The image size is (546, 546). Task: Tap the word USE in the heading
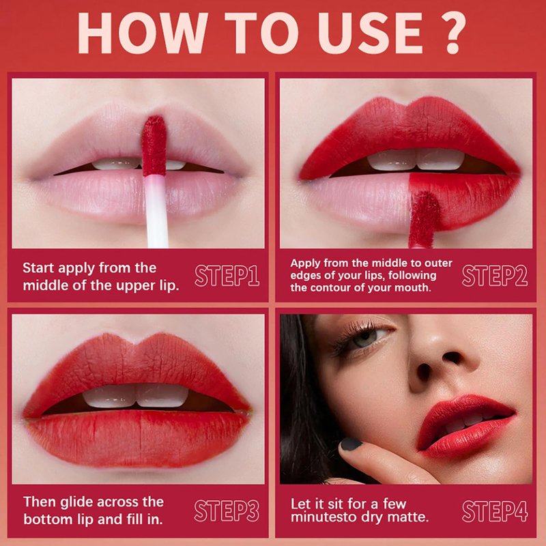point(370,33)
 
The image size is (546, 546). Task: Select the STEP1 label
point(227,276)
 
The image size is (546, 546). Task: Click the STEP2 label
point(494,276)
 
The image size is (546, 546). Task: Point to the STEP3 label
point(227,511)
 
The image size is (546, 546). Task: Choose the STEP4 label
point(494,511)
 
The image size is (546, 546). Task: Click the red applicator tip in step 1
point(154,145)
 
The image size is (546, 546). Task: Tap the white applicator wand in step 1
point(157,212)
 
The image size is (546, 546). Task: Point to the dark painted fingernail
point(351,444)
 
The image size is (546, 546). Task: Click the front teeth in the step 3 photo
point(136,396)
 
